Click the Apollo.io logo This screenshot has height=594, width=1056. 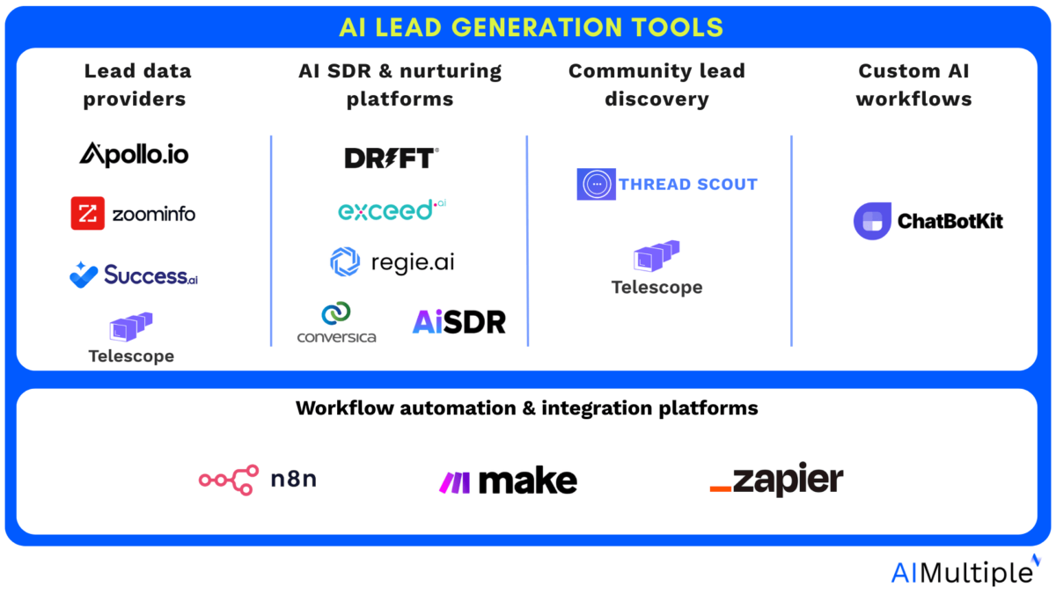click(134, 155)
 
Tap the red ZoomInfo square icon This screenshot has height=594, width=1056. click(88, 213)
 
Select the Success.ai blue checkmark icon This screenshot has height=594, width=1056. click(84, 275)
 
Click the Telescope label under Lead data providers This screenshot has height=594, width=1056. click(131, 356)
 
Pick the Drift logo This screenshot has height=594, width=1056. click(392, 158)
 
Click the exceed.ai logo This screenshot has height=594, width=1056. click(392, 210)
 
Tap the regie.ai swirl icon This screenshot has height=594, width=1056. click(345, 261)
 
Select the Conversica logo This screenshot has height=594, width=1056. click(336, 322)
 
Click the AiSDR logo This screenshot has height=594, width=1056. click(459, 322)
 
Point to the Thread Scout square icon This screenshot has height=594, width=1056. click(597, 184)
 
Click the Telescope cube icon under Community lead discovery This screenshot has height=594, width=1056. click(656, 256)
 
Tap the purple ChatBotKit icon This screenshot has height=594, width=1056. click(873, 221)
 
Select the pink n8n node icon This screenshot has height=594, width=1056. click(229, 480)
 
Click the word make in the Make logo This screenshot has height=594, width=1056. click(528, 480)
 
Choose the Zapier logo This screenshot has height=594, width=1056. click(776, 479)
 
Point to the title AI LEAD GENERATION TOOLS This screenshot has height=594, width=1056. click(532, 27)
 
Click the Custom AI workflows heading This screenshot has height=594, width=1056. click(913, 84)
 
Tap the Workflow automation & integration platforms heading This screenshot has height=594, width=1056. click(526, 408)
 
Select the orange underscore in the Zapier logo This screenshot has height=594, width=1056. click(721, 489)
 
